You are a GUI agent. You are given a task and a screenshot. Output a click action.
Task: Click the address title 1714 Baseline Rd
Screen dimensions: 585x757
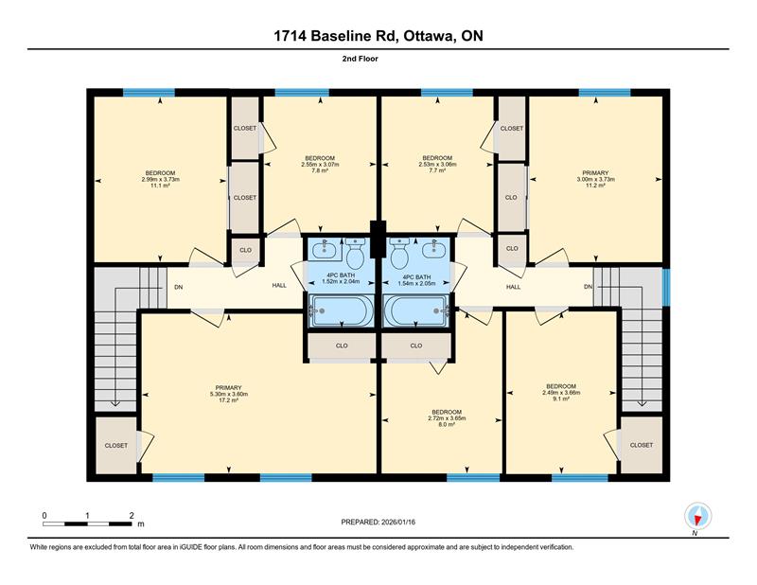378,36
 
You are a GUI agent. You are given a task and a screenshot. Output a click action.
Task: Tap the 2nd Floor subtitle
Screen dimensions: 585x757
378,59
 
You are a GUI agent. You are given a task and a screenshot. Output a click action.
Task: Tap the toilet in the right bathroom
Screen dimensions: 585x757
399,256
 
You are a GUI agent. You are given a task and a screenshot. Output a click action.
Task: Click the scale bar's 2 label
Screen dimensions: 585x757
132,515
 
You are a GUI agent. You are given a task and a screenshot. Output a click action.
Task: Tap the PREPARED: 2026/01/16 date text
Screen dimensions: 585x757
378,523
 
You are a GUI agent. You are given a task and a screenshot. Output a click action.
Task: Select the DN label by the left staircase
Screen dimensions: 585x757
177,287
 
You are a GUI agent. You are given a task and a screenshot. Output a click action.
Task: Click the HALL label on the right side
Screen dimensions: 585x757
513,287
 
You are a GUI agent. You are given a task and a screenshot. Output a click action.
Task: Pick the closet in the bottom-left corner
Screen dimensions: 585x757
116,445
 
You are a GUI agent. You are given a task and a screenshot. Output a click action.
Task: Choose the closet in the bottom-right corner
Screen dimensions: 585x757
641,445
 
